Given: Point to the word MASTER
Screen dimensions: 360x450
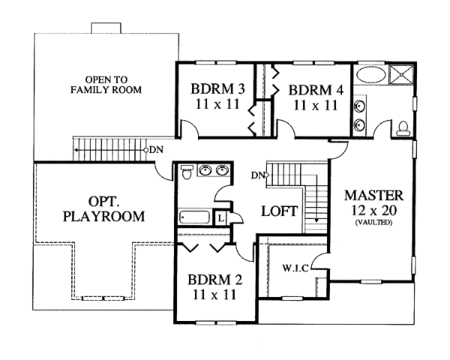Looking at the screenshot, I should tap(374, 195).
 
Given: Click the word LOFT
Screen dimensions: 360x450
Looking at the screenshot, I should tap(280, 211).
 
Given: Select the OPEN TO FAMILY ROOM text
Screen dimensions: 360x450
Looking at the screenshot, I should tap(106, 84).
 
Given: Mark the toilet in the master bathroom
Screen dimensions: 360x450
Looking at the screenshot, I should tap(403, 128).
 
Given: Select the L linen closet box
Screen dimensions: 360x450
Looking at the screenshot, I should tap(220, 218).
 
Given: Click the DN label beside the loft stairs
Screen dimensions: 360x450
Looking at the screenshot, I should tap(259, 176).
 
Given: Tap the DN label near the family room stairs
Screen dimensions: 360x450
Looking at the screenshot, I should tap(155, 150).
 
